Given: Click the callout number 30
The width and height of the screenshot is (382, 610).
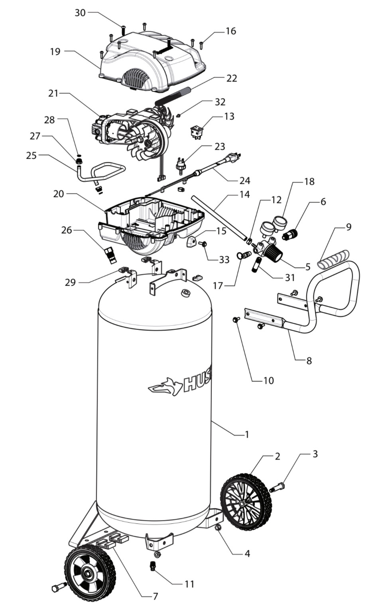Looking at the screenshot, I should pos(80,13).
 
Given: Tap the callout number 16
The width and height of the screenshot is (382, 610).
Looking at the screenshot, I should pos(230,31).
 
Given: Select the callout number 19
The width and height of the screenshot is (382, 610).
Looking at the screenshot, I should pos(55,51).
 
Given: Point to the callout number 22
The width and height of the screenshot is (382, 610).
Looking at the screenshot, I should pos(231,78).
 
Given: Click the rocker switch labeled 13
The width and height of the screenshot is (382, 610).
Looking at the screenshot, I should pos(196,131).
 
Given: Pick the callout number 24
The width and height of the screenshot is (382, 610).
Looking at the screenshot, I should pos(244,180).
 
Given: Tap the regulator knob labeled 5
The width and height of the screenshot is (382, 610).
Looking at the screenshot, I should pos(275,252).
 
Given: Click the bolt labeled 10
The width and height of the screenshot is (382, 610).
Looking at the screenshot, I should pos(236,319).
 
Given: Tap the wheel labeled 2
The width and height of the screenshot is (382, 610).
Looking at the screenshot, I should pos(246,501).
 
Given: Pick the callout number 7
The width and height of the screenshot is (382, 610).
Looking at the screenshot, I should pos(155,596).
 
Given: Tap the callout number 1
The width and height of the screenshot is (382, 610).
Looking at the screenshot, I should pos(247,434).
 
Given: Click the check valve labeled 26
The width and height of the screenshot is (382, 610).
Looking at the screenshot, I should pos(110,254).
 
